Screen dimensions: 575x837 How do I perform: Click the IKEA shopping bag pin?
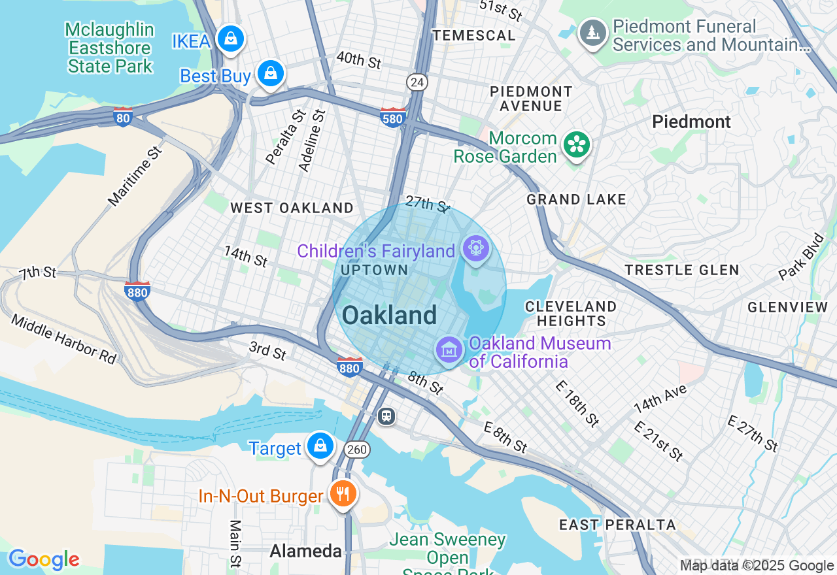point(230,39)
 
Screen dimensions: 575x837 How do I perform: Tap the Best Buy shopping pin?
point(270,74)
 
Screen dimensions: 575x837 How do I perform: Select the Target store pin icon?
point(320,446)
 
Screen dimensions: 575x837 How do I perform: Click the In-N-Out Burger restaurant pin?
point(342,494)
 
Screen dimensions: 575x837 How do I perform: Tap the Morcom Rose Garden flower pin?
point(577,145)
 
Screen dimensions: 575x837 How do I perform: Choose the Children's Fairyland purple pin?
point(475,249)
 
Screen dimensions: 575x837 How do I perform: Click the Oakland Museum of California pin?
point(449,350)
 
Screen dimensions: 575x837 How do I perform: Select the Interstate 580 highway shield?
point(393,117)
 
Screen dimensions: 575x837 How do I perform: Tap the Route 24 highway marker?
point(417,82)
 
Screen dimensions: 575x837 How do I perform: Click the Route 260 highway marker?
point(357,450)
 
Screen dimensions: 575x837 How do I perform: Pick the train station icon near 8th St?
point(386,416)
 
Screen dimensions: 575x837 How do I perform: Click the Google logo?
point(44,559)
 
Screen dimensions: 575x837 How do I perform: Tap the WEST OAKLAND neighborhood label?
point(292,208)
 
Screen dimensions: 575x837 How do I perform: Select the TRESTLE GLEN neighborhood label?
point(681,270)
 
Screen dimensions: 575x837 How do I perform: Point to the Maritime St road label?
point(134,176)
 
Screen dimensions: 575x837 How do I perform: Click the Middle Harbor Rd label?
point(63,338)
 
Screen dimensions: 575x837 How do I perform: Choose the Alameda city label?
point(305,551)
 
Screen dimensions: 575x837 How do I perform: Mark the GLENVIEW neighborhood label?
point(787,307)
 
